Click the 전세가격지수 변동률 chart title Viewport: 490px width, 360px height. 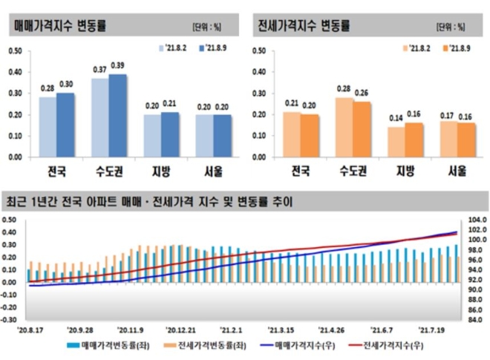pyautogui.click(x=304, y=24)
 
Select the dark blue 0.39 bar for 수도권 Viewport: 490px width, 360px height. pyautogui.click(x=118, y=115)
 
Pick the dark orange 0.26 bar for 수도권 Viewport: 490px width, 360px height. pyautogui.click(x=362, y=129)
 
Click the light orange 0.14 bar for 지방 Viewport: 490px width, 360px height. pyautogui.click(x=396, y=142)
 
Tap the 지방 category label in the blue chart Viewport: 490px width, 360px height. pyautogui.click(x=162, y=171)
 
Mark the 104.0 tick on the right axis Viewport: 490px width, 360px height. pyautogui.click(x=477, y=220)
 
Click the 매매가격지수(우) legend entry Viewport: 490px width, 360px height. pyautogui.click(x=303, y=345)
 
